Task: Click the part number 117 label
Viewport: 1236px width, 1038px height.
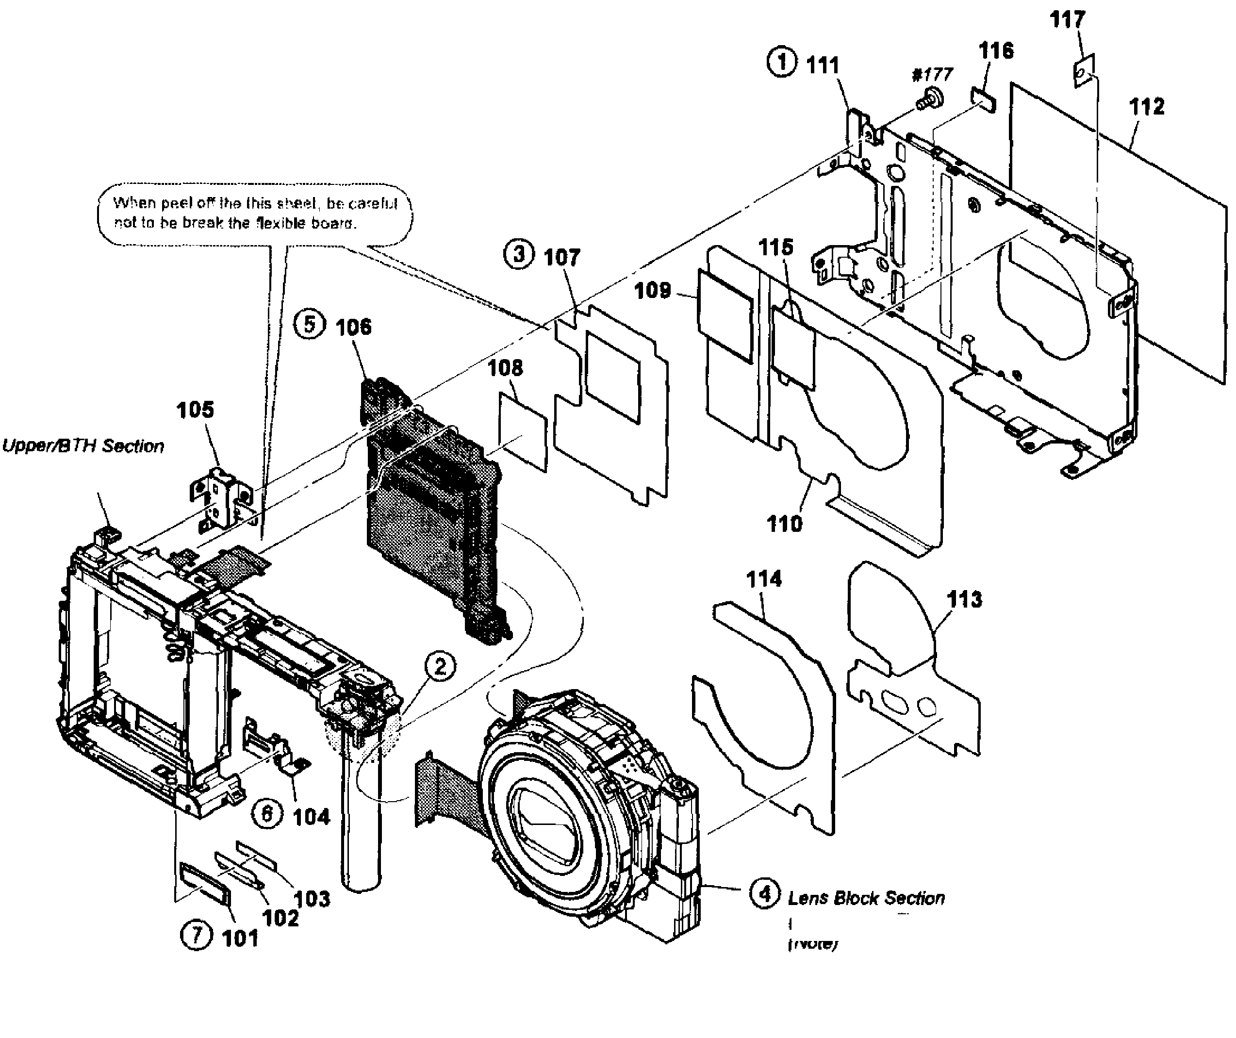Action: point(1067,20)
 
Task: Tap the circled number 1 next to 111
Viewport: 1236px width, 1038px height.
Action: point(782,63)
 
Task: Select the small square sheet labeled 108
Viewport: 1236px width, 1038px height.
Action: point(523,432)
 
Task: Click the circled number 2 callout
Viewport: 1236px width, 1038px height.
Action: point(440,667)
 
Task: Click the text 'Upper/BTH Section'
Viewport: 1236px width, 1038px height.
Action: point(83,446)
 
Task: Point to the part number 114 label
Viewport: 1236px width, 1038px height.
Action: point(764,579)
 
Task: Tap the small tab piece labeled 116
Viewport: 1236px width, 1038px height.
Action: point(984,99)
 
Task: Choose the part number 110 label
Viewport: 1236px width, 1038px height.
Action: point(784,523)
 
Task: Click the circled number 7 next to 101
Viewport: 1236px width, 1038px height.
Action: point(196,935)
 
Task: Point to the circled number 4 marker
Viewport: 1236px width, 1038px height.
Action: point(765,893)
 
